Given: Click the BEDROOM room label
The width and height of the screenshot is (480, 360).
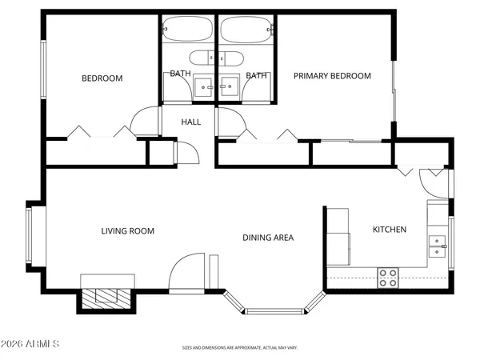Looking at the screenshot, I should tap(102, 78).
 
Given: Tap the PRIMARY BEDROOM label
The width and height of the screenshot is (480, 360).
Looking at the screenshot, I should tap(332, 76).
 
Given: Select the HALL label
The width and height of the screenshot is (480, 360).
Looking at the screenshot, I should tap(191, 122).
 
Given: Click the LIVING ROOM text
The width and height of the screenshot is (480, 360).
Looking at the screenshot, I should tap(127, 231).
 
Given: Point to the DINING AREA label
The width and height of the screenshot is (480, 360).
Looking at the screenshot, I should tap(269, 238).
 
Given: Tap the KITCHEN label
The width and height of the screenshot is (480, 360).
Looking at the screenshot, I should tap(390, 230).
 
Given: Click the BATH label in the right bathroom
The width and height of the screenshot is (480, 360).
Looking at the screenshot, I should tap(256, 75).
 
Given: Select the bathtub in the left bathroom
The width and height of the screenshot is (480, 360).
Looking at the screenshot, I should tap(189, 31).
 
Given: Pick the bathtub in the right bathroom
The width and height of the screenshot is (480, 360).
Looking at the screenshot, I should tap(246, 31).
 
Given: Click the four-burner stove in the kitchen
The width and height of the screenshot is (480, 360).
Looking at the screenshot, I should tap(388, 278).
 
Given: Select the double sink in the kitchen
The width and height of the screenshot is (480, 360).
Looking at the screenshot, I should tap(438, 245).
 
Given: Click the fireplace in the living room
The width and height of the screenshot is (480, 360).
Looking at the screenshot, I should tap(106, 294).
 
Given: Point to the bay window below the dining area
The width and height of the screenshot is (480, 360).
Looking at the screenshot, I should tap(274, 309).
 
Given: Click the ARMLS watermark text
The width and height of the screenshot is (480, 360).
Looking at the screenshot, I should tap(31, 344).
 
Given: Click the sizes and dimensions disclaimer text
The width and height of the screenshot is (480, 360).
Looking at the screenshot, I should tap(240, 348).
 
